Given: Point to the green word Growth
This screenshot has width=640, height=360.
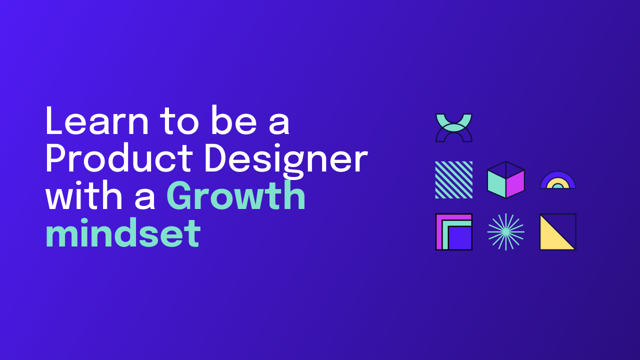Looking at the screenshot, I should (236, 196).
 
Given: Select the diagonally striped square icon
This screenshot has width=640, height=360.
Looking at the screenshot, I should (454, 179).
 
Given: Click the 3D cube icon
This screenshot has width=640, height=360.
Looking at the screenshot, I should (506, 179).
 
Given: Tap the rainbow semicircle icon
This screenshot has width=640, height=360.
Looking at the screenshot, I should (558, 181).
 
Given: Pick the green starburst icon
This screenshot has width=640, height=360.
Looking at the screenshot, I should (506, 231).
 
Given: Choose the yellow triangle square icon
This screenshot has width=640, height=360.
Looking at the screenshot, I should (558, 231).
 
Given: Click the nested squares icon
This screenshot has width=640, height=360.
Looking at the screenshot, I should (454, 231).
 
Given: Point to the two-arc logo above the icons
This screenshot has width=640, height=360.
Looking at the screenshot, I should (454, 127).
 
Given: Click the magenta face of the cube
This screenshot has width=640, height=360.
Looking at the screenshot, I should (515, 183).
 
